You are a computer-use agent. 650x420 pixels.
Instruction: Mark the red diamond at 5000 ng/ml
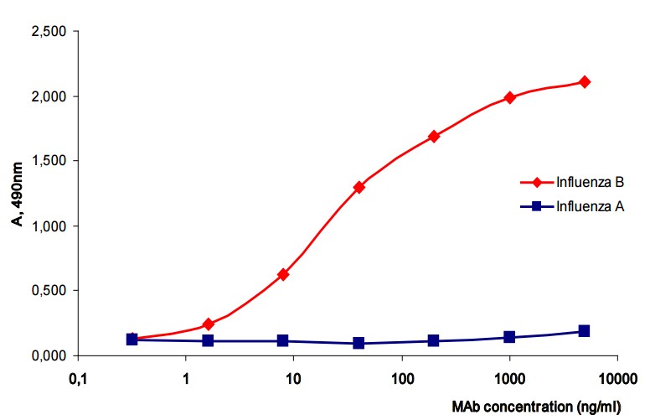pos(585,82)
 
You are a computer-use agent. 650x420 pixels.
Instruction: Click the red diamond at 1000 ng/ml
pos(509,97)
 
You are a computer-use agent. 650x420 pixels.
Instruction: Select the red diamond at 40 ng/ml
pos(359,187)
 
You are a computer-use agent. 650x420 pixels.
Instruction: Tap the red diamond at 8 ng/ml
pos(283,274)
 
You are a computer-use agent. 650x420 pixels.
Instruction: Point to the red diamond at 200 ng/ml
pos(434,136)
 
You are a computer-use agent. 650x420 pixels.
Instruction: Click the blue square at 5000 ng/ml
pos(585,331)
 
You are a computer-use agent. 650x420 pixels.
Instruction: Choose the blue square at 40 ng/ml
pos(359,343)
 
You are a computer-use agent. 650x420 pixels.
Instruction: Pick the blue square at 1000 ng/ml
pos(509,337)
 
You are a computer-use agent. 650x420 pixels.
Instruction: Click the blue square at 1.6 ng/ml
pos(208,340)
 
